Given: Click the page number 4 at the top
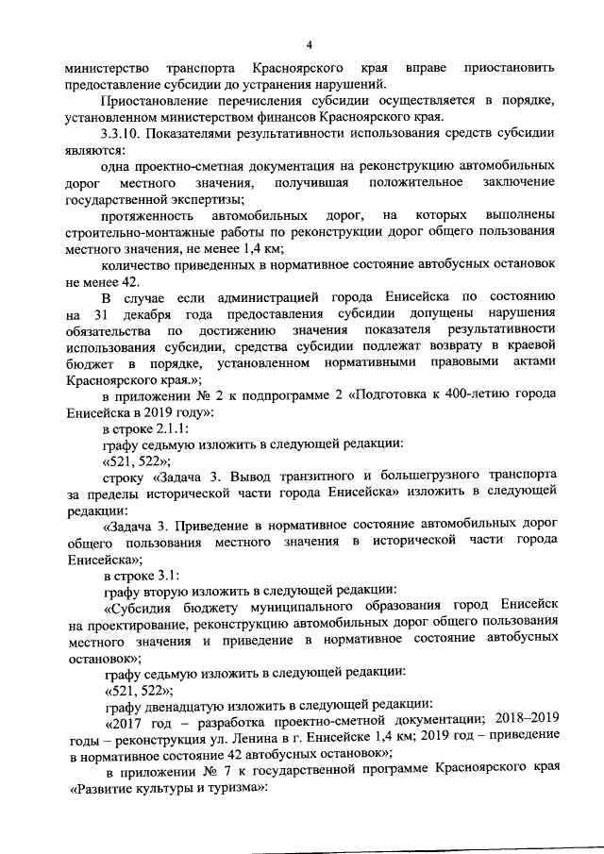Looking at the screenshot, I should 308,46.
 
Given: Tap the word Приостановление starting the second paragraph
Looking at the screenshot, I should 158,102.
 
